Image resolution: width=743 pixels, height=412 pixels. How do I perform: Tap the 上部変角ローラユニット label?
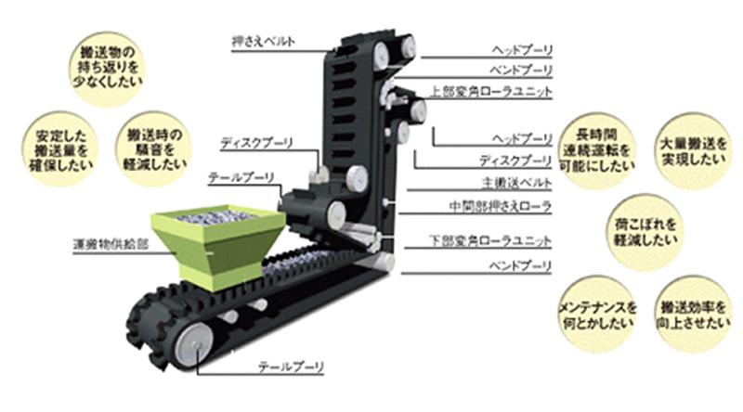491,92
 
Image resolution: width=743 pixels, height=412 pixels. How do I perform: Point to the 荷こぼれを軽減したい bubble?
648,228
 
